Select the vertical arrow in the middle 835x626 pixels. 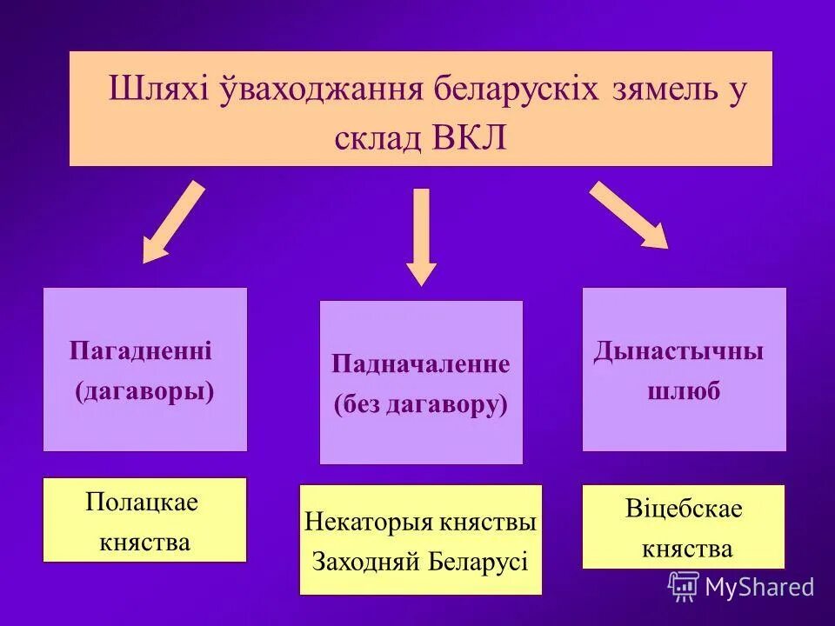pyautogui.click(x=422, y=236)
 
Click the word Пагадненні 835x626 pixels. pyautogui.click(x=141, y=351)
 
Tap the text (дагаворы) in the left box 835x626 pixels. pyautogui.click(x=144, y=391)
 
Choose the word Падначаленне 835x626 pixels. pyautogui.click(x=421, y=363)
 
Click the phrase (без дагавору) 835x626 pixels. pyautogui.click(x=420, y=404)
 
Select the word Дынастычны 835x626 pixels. pyautogui.click(x=679, y=351)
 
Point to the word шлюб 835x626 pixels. pyautogui.click(x=684, y=391)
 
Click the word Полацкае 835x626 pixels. pyautogui.click(x=142, y=502)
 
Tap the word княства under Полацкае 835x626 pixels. pyautogui.click(x=144, y=543)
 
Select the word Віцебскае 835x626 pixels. pyautogui.click(x=684, y=509)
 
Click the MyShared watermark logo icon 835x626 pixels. pyautogui.click(x=684, y=586)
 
